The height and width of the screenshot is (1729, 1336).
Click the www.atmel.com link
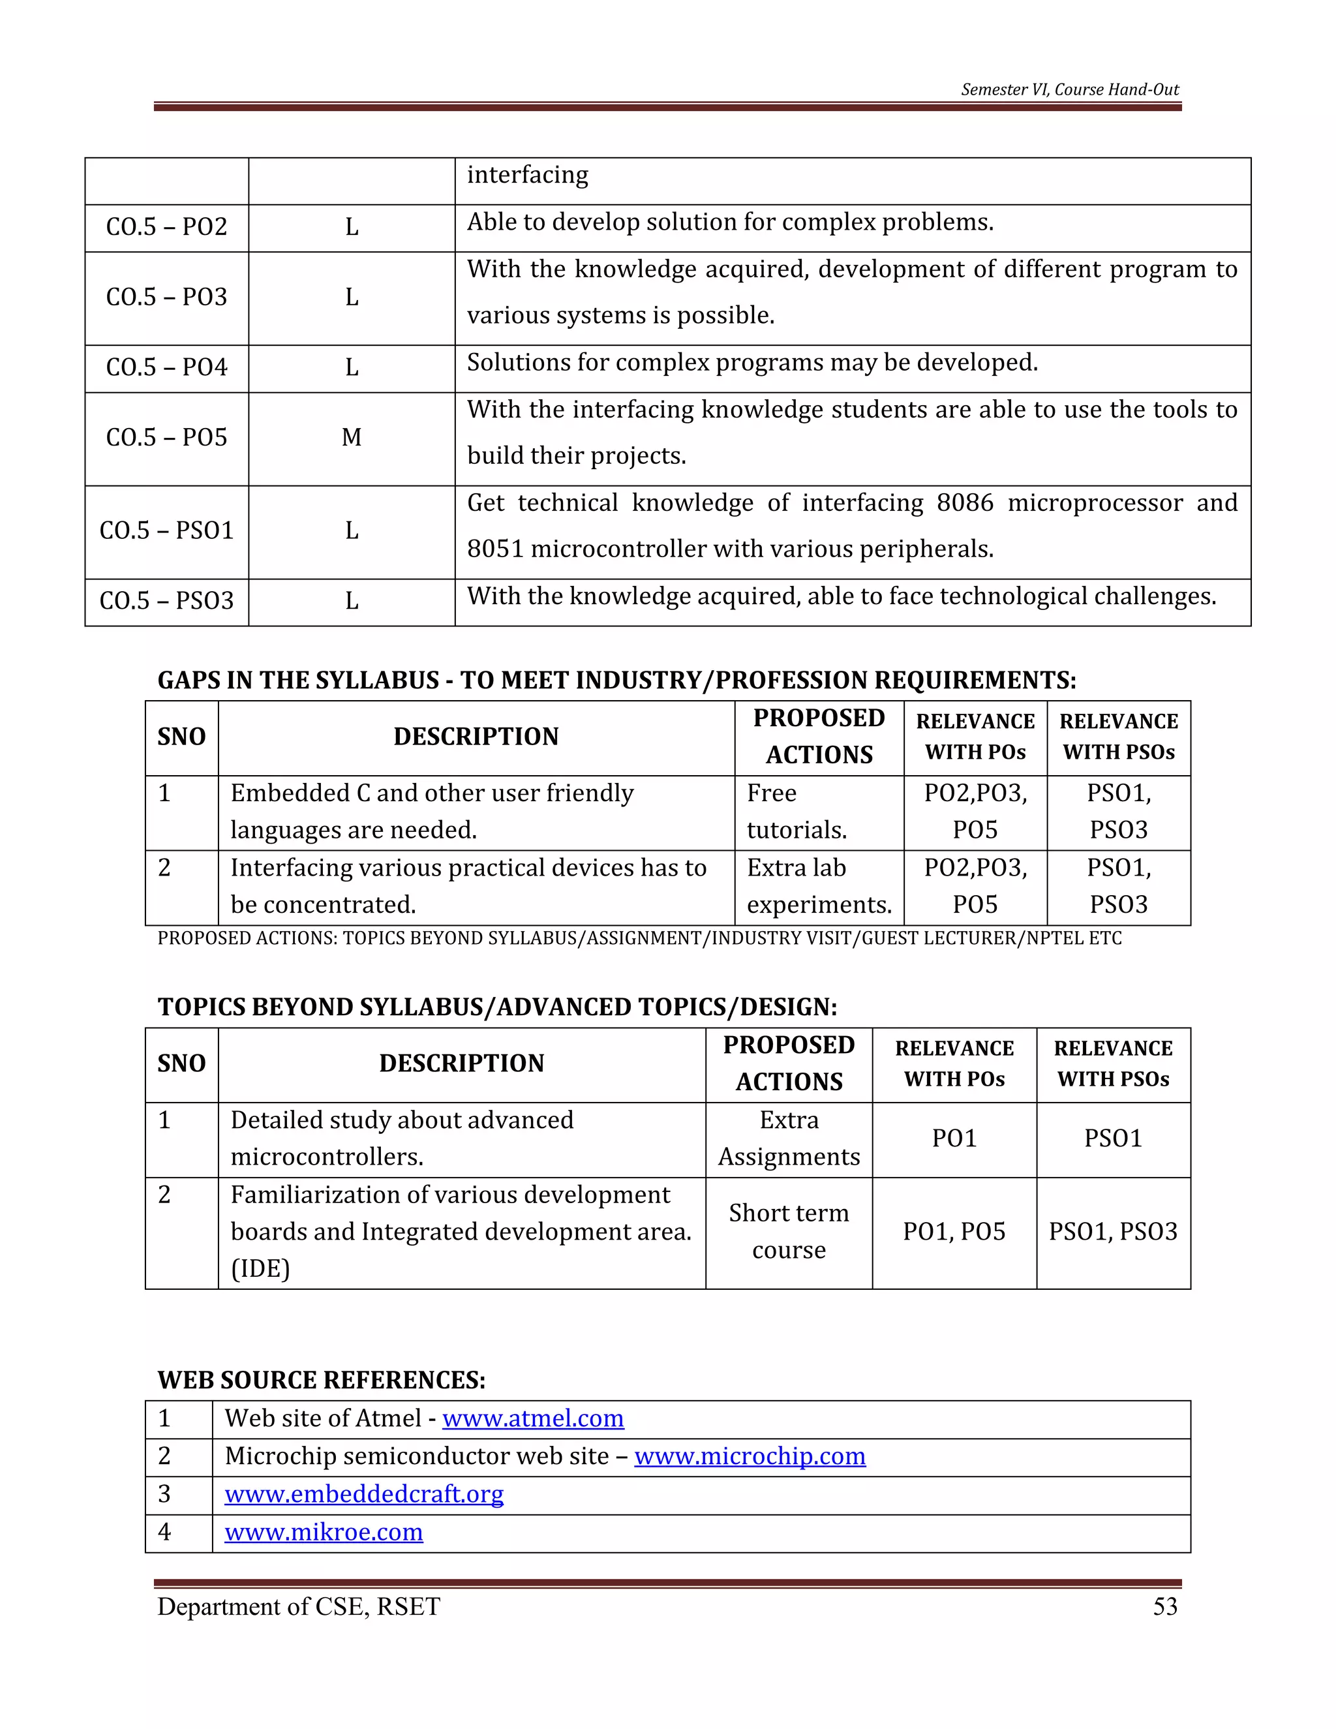533,1418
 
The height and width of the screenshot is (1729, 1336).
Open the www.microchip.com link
750,1456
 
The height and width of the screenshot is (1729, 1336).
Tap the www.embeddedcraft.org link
364,1494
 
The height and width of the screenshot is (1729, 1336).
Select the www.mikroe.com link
324,1532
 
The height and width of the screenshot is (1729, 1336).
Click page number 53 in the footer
1165,1606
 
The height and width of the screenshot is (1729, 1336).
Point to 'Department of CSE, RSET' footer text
298,1606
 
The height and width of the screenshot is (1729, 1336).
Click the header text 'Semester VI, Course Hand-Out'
1069,89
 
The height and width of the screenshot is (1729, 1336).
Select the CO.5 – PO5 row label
166,438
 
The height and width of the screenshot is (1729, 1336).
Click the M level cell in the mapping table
352,438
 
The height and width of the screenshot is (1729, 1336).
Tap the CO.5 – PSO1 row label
166,530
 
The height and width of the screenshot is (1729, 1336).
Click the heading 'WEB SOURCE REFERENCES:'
322,1380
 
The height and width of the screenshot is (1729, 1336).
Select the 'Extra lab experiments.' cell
819,887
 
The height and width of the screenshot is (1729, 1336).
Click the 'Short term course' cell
788,1232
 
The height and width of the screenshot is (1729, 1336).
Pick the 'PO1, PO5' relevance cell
954,1232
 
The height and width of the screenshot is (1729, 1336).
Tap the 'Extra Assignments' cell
788,1139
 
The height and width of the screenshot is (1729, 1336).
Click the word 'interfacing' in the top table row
527,175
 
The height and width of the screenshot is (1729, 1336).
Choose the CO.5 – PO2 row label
166,227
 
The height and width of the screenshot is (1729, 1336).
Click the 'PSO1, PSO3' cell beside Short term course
1113,1232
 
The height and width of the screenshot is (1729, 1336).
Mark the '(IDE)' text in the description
260,1269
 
